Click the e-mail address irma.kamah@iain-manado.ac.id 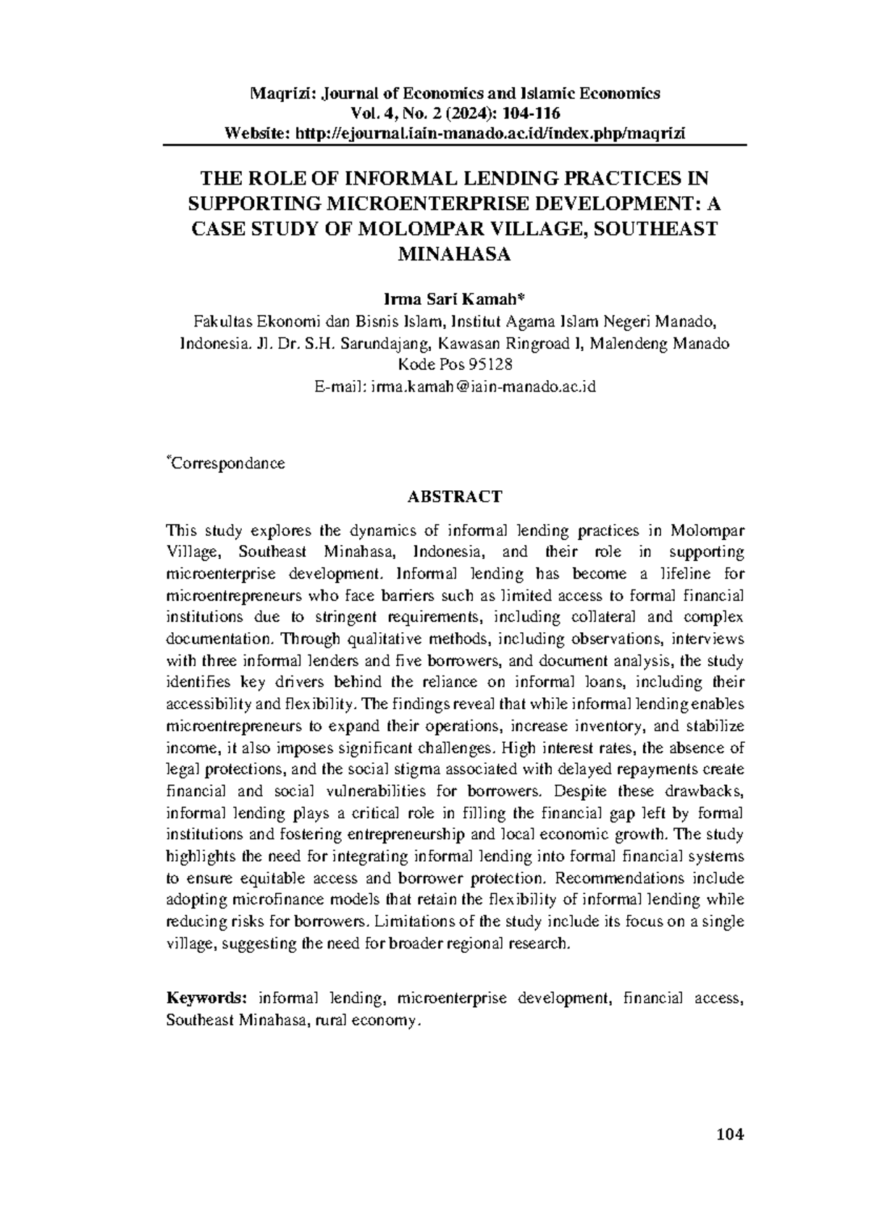click(483, 387)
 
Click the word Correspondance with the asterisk click(227, 463)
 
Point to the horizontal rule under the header click(454, 145)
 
